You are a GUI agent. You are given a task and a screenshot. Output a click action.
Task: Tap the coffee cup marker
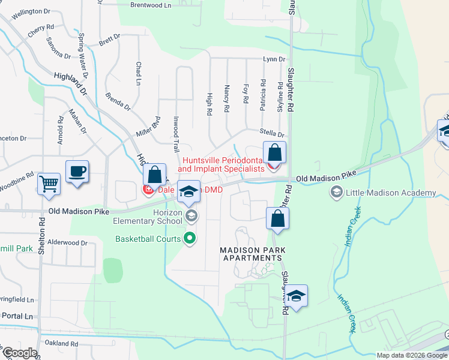click(77, 172)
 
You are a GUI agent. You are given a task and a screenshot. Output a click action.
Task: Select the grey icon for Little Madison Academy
click(336, 193)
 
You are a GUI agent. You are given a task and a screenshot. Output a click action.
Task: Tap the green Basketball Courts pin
click(190, 239)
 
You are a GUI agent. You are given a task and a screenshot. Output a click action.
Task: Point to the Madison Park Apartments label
click(251, 253)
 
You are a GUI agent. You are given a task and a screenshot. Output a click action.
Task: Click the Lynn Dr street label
click(274, 59)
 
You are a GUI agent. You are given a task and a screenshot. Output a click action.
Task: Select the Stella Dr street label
click(271, 135)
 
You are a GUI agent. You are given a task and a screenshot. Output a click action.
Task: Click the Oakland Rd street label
click(61, 344)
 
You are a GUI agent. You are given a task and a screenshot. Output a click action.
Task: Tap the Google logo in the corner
click(19, 352)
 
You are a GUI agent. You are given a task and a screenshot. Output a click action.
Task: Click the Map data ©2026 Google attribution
click(411, 355)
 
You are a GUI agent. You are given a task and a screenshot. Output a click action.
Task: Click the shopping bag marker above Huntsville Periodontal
click(274, 153)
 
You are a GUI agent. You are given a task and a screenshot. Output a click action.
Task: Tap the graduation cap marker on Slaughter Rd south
click(296, 296)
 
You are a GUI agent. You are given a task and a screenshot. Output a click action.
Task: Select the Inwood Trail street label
click(176, 133)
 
